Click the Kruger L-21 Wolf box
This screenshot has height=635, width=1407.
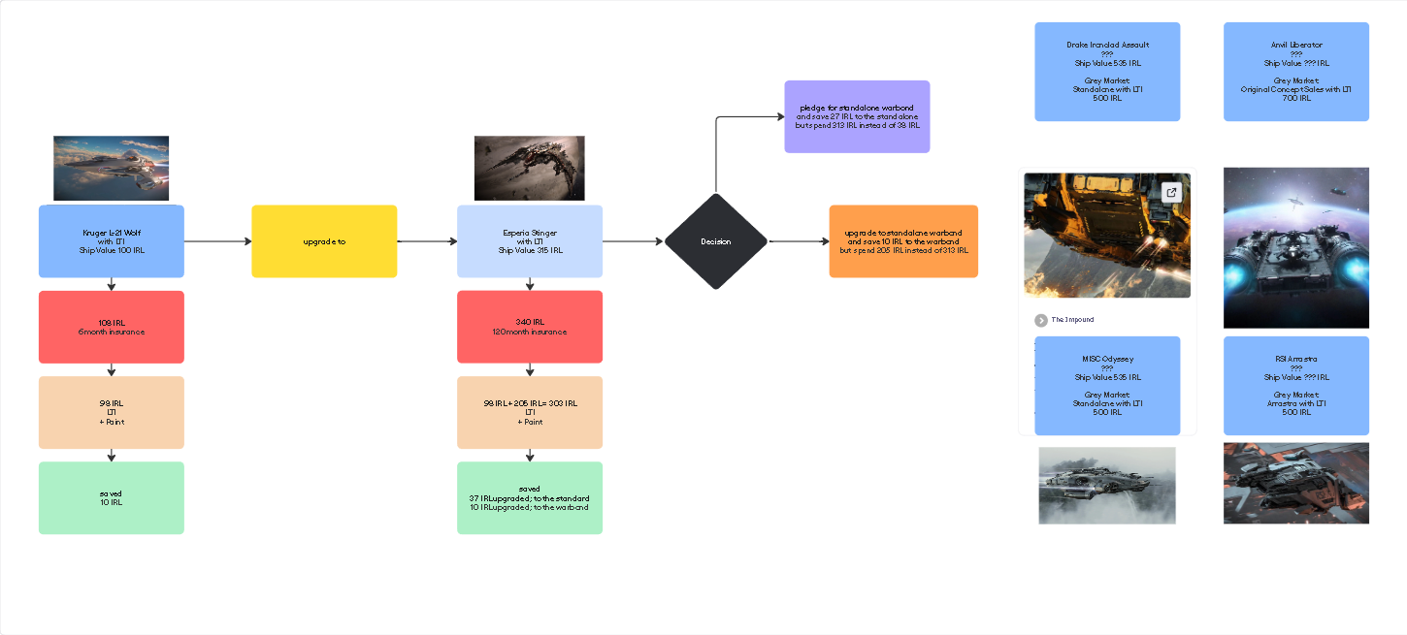click(111, 241)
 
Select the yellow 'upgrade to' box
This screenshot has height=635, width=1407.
click(324, 241)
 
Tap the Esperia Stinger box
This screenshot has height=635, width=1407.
click(529, 241)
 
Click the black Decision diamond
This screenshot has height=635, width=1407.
click(716, 241)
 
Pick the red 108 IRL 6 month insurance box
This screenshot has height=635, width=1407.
click(111, 327)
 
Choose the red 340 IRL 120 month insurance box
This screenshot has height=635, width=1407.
click(529, 327)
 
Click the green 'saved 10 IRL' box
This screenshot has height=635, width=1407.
click(111, 497)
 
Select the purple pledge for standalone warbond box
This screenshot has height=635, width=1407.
click(857, 116)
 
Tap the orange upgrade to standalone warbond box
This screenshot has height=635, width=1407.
click(903, 241)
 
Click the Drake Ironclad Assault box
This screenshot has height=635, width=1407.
click(1107, 72)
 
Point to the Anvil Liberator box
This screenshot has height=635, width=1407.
click(1295, 72)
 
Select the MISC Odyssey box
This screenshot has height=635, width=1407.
click(1107, 386)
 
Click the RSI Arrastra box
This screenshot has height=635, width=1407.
click(1295, 386)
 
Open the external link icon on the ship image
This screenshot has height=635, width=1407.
click(1171, 192)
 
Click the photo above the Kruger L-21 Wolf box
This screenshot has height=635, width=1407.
click(111, 168)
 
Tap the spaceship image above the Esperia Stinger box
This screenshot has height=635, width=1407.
click(529, 168)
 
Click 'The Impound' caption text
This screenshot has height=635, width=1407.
click(1072, 320)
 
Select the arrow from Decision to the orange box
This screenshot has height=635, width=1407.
click(798, 241)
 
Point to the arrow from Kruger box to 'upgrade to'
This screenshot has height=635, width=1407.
click(217, 241)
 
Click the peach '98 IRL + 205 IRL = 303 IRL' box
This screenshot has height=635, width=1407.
click(529, 412)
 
